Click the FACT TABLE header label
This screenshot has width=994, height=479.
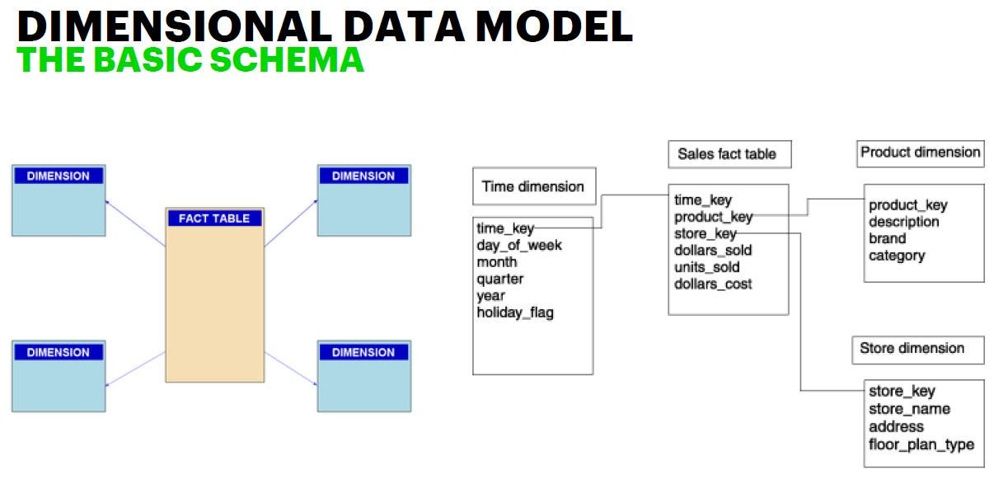pos(214,218)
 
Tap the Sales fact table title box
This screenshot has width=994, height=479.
pos(727,154)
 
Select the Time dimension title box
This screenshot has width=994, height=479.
pos(532,186)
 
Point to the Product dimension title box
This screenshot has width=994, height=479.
pos(920,153)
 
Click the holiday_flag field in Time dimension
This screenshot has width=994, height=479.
pos(515,312)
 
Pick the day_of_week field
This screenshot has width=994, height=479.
pos(518,245)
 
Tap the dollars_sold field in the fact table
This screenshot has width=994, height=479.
pos(713,251)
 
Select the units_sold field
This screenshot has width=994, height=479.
pos(706,267)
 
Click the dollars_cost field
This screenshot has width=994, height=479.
pos(713,284)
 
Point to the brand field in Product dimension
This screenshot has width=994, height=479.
pos(887,239)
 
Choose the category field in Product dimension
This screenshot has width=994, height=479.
pos(896,256)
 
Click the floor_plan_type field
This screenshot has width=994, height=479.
pos(921,444)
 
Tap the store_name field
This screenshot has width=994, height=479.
pos(909,409)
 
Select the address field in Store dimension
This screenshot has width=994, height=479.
pos(896,427)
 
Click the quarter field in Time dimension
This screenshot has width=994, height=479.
pos(499,279)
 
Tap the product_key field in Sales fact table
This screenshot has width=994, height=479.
pos(713,217)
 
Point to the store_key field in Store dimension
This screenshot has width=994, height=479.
pos(902,392)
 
